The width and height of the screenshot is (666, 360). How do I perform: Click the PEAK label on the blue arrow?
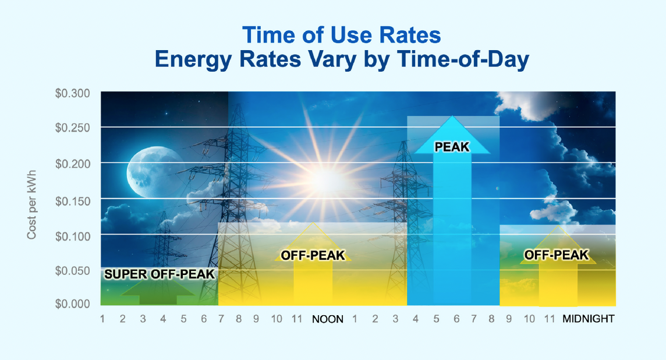[x=452, y=147]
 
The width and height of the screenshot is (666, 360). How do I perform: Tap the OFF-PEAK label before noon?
[x=313, y=255]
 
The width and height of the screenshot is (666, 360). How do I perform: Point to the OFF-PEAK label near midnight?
[x=557, y=255]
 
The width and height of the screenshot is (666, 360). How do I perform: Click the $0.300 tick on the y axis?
[x=72, y=93]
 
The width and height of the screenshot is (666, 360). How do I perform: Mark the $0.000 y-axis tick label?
[x=72, y=304]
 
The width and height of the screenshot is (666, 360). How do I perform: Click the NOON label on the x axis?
[x=327, y=319]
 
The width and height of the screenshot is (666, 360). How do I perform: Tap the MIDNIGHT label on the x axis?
[x=588, y=319]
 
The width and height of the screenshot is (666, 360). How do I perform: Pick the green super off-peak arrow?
[x=158, y=293]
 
